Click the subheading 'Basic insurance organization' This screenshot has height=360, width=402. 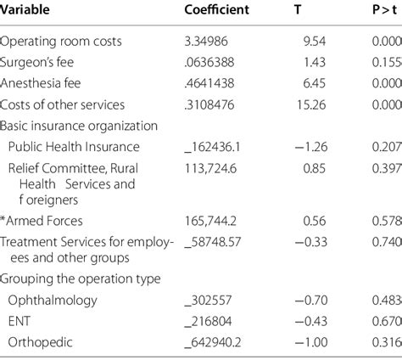(x=79, y=126)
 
